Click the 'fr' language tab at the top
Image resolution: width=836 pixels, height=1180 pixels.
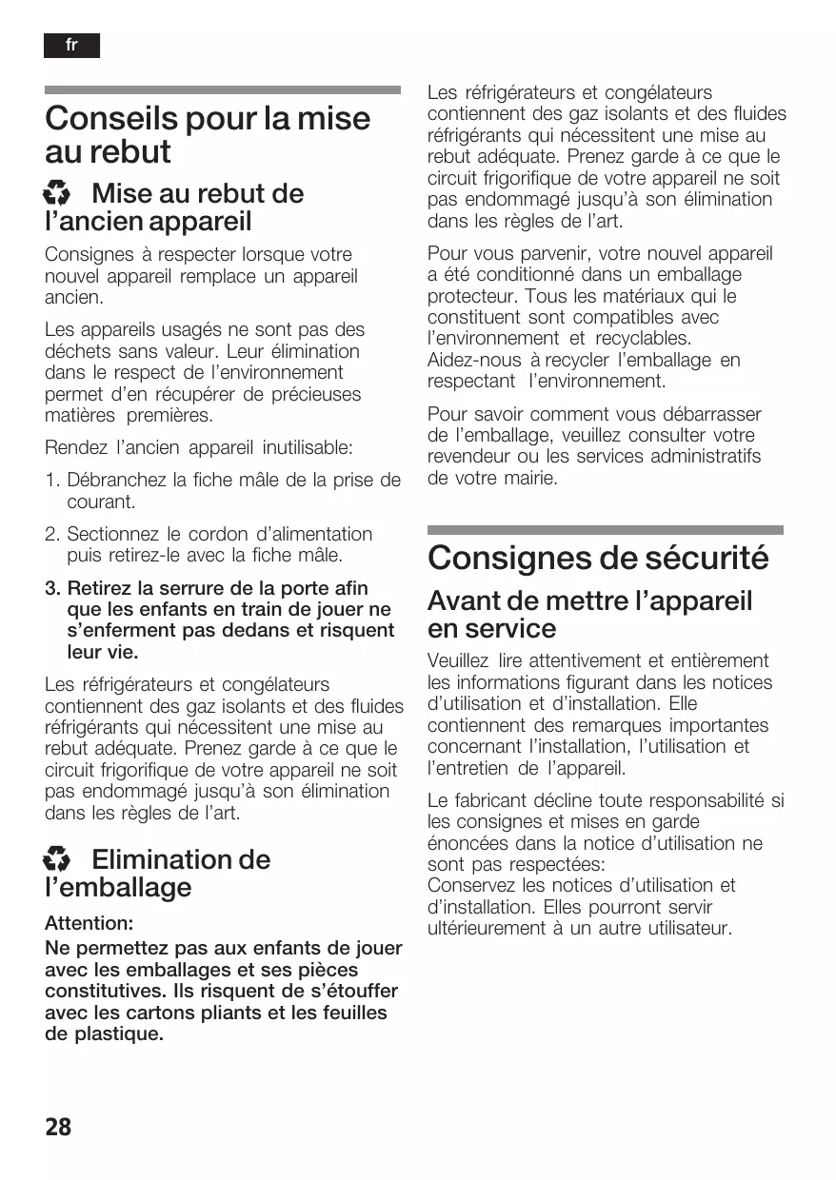coord(71,46)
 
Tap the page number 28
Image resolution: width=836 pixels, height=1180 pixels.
coord(58,1127)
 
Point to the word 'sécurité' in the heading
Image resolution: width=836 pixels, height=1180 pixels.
coord(705,558)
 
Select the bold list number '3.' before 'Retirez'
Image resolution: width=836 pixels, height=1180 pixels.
coord(53,589)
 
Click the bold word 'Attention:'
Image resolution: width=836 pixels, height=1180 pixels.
coord(90,923)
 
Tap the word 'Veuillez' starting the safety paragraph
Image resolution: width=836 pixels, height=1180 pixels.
coord(458,660)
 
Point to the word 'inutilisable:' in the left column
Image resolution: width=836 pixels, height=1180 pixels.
coord(307,446)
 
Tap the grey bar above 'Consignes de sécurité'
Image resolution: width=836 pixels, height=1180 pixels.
coord(605,530)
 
